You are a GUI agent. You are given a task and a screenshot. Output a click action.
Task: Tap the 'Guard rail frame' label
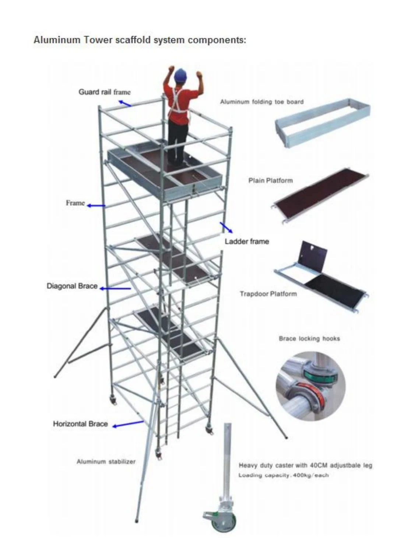pos(105,92)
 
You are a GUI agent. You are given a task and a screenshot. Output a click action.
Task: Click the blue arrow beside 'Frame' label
pos(96,206)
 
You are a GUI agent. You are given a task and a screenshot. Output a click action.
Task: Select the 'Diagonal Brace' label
pos(72,286)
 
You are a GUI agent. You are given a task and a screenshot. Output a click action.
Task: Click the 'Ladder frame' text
pos(247,241)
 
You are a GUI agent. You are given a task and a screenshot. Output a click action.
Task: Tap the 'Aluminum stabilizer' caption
pos(106,461)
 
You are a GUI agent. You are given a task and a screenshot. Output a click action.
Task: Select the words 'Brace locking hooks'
pos(309,338)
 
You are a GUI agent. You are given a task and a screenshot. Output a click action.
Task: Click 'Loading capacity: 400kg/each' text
pos(283,475)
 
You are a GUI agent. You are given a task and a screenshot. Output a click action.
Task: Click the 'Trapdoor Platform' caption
pos(268,294)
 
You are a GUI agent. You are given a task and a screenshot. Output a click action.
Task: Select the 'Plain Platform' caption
pos(271,181)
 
